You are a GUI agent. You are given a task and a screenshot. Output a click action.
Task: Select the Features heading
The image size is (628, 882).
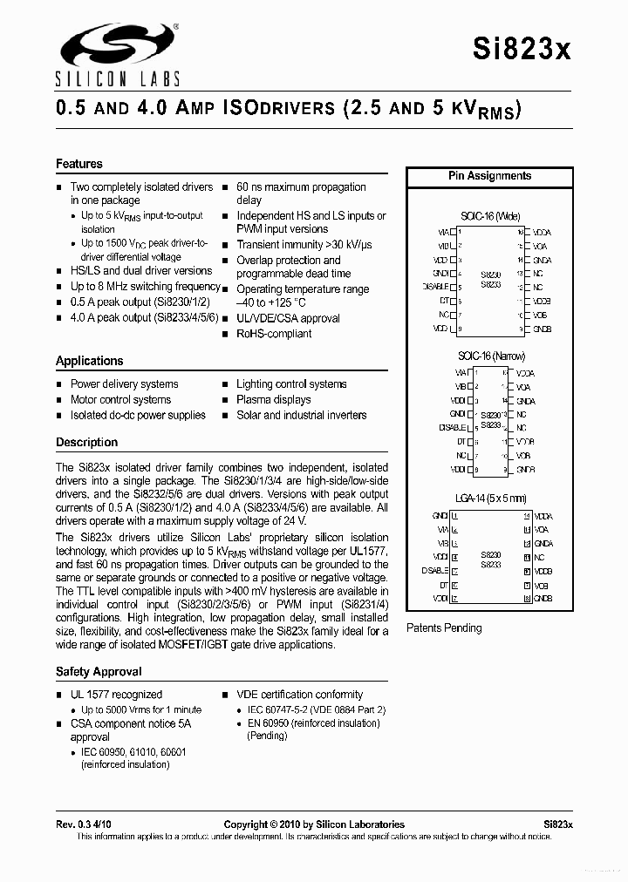coord(79,164)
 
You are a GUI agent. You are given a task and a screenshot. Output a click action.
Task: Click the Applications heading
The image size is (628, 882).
coord(90,361)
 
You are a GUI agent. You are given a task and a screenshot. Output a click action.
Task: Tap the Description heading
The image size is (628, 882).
coord(86,443)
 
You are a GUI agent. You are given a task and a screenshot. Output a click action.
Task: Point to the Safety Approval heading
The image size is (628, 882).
coord(99,672)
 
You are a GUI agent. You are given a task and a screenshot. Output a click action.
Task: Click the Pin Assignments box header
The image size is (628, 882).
coord(489,176)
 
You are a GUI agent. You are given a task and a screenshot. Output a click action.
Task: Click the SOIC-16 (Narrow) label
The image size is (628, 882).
coord(491,356)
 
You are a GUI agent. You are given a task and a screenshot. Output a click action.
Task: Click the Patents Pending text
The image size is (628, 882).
coord(444,628)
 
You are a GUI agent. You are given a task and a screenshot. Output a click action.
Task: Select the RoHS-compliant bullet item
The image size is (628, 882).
coord(274,334)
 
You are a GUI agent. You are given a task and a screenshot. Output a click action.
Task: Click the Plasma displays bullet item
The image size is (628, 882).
coord(274,400)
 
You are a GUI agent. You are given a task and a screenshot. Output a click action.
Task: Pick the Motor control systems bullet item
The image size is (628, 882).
coord(120,400)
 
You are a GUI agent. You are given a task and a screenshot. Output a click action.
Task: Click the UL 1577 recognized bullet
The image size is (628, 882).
coord(116,695)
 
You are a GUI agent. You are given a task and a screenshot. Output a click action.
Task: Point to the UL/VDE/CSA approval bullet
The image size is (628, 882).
coord(288,319)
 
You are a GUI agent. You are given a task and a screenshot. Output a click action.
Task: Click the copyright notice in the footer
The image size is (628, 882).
coord(314,824)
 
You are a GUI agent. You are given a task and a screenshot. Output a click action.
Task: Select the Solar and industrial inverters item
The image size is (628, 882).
coord(301,416)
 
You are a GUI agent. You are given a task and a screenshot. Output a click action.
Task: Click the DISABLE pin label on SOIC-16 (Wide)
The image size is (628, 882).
coord(434,287)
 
